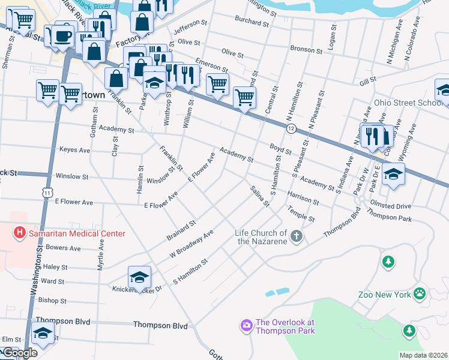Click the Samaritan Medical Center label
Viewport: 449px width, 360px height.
click(77, 233)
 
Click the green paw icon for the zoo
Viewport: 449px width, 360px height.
click(420, 294)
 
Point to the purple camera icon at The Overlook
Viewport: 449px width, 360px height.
click(246, 326)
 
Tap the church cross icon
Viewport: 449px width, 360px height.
click(295, 237)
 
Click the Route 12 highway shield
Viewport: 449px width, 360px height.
click(291, 129)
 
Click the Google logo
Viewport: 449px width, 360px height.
click(20, 353)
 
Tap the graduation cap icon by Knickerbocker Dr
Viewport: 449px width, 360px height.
click(139, 277)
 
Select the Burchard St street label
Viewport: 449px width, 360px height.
click(252, 23)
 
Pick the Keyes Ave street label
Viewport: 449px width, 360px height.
click(75, 149)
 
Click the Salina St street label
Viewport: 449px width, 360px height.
click(260, 196)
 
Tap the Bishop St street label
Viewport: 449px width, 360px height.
click(52, 300)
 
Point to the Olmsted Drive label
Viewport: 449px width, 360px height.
click(391, 205)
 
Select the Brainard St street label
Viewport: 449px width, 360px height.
click(181, 230)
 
